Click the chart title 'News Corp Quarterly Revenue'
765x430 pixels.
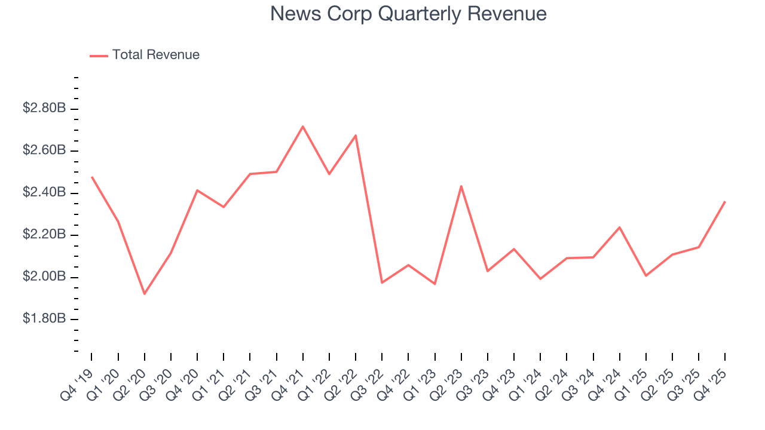coord(408,14)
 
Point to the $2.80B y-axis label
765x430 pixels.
coord(44,109)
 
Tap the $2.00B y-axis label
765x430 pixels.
coord(44,277)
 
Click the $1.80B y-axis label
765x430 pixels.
coord(44,319)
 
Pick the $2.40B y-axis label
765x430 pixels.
coord(44,193)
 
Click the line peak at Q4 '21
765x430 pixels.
coord(303,126)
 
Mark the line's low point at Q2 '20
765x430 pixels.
coord(144,294)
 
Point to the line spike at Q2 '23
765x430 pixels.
coord(461,186)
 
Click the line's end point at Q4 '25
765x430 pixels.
coord(725,202)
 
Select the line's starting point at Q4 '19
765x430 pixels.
coord(91,177)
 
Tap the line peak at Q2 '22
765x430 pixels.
coord(356,135)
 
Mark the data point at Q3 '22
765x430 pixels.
coord(382,282)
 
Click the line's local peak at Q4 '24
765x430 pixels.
coord(620,227)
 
